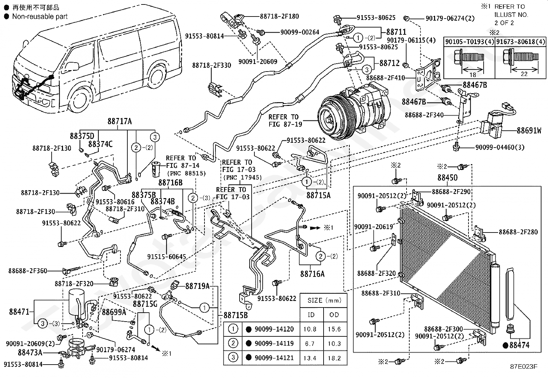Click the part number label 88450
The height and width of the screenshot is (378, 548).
pos(447,177)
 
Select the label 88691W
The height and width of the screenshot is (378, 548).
pos(529,130)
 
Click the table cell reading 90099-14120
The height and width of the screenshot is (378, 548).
pos(274,329)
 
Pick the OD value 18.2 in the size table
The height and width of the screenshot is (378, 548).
pos(334,358)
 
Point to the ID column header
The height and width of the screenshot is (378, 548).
pos(311,315)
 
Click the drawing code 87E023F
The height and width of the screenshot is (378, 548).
pos(524,367)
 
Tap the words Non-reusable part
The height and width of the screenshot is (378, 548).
pos(40,17)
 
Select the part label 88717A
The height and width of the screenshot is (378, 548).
pos(120,121)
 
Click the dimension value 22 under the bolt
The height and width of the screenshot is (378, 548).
pos(524,74)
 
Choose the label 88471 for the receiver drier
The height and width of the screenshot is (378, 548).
pos(19,312)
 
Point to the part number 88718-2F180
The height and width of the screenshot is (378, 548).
pos(280,17)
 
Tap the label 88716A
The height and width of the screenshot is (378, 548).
pos(313,274)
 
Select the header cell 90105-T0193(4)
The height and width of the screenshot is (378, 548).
pos(470,42)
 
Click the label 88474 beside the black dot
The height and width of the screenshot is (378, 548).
pos(519,345)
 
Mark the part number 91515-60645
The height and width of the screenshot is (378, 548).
pos(167,257)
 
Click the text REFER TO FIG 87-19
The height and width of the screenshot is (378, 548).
pos(285,120)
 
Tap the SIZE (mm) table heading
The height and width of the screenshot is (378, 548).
pos(324,300)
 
